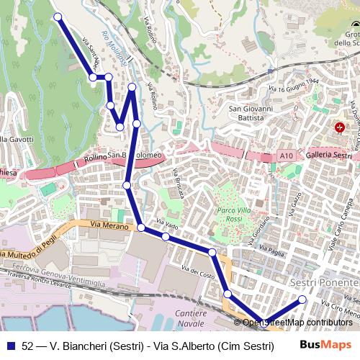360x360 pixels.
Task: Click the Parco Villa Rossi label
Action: (x=223, y=215)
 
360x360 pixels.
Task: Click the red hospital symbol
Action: (x=340, y=127)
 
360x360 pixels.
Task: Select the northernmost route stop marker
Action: (x=58, y=17)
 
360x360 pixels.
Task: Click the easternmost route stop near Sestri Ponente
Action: (x=302, y=300)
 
